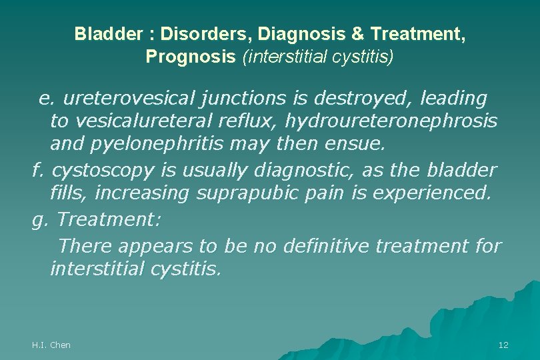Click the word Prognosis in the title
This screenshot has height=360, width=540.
pos(191,57)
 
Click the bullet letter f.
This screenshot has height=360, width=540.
pos(37,170)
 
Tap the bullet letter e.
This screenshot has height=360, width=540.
pos(45,99)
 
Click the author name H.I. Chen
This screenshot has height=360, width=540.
pos(51,345)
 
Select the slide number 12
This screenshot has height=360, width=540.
pos(503,345)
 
